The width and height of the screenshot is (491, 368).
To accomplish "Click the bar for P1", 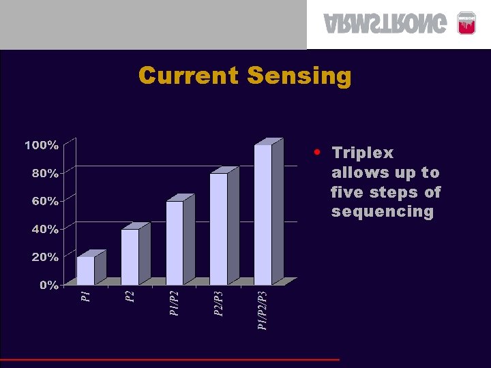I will point(86,271).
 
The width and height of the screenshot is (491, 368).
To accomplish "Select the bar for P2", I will point(130,257).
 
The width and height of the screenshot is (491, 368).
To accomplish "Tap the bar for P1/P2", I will point(175,243).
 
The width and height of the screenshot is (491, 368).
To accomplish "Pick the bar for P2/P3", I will point(219,229).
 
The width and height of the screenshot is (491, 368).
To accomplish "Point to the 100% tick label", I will point(42,145).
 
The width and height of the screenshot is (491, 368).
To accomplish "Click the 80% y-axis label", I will point(44,173).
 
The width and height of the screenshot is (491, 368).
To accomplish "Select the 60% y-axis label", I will point(44,201).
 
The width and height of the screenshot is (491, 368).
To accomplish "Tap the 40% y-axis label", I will point(44,229).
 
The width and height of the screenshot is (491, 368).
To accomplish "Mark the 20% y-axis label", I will point(44,257).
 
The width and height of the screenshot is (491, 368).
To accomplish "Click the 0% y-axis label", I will point(48,285).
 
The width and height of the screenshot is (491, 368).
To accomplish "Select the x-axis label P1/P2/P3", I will point(263,310).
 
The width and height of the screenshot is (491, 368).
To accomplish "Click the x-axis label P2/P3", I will point(218,303).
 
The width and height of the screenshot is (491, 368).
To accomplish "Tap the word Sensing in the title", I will point(299,75).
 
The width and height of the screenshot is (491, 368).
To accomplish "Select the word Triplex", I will point(362,153).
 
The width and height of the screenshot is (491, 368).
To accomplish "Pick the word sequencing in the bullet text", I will point(382,212).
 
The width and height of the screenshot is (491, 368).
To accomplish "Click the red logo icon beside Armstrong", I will point(466,24).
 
